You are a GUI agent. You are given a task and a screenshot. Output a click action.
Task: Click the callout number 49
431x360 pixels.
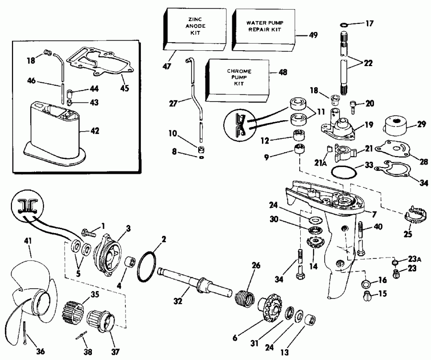click(x=313, y=35)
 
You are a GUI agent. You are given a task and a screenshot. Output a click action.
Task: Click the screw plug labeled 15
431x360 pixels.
click(x=368, y=295)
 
